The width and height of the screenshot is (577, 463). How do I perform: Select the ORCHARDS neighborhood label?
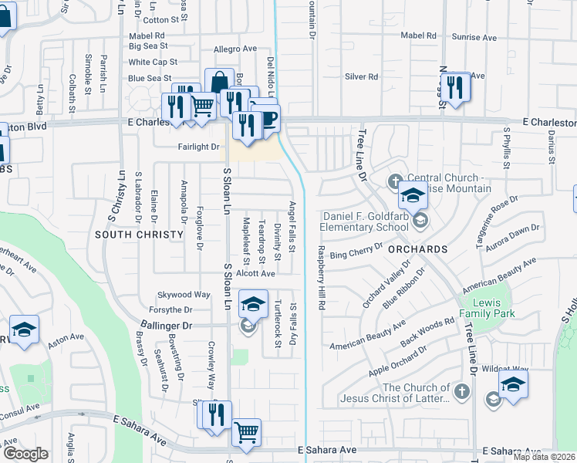coord(418,249)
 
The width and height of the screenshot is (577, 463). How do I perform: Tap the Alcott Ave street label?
coord(255,273)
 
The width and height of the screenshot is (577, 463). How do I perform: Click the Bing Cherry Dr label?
coord(356,251)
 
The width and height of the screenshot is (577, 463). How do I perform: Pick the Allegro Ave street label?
coord(235,49)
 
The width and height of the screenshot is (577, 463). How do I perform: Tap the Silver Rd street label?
coord(361,76)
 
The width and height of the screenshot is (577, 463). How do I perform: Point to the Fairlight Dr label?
coord(198,146)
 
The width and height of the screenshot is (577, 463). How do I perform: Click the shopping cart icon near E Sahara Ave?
coord(246,433)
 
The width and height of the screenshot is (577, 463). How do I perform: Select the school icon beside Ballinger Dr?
coord(252,305)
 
